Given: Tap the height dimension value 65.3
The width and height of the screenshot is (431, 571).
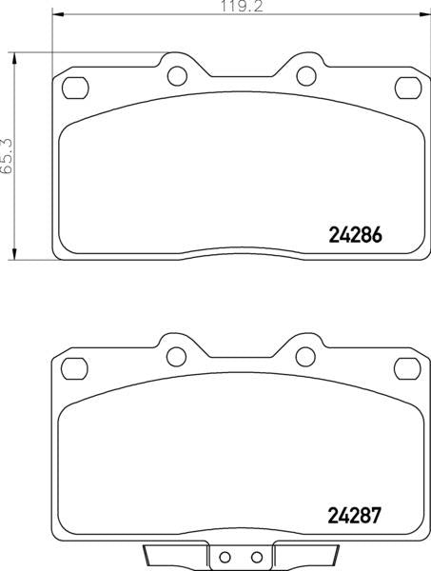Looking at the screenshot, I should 7,155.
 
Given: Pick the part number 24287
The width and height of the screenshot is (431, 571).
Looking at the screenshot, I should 354,519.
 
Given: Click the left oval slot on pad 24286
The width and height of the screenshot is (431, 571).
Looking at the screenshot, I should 73,88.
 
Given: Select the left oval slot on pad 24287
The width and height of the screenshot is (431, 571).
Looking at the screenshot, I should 73,368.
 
